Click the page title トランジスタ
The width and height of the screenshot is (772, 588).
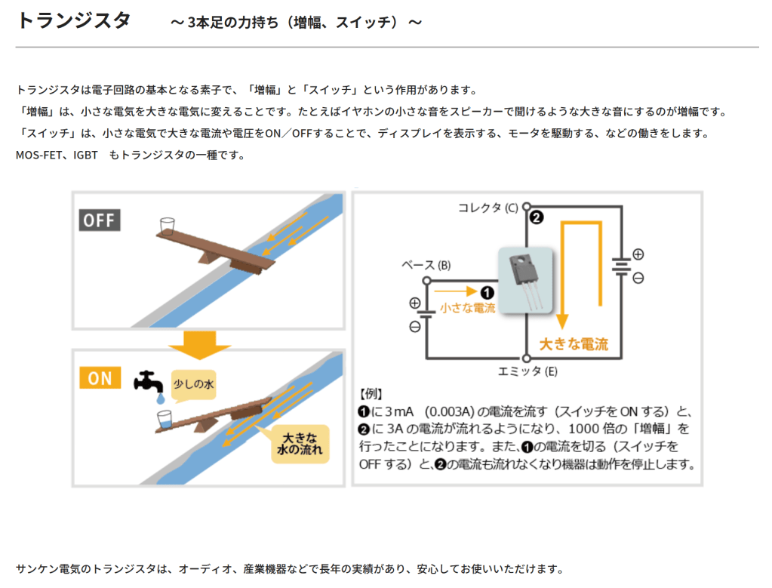[x=73, y=20]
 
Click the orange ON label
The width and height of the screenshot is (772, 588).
[x=100, y=377]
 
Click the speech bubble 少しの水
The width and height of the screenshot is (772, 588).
[x=194, y=385]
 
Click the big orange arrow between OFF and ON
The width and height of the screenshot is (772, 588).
[x=198, y=344]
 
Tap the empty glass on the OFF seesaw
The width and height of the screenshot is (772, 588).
[x=167, y=225]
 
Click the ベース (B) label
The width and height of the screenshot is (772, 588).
[x=426, y=265]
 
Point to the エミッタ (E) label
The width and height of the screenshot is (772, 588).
[x=527, y=371]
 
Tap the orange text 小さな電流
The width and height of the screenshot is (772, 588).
[x=467, y=307]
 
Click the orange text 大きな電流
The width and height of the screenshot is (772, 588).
[x=574, y=344]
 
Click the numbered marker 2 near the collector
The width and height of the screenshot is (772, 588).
[x=537, y=218]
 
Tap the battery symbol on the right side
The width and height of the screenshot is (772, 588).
[x=621, y=266]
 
